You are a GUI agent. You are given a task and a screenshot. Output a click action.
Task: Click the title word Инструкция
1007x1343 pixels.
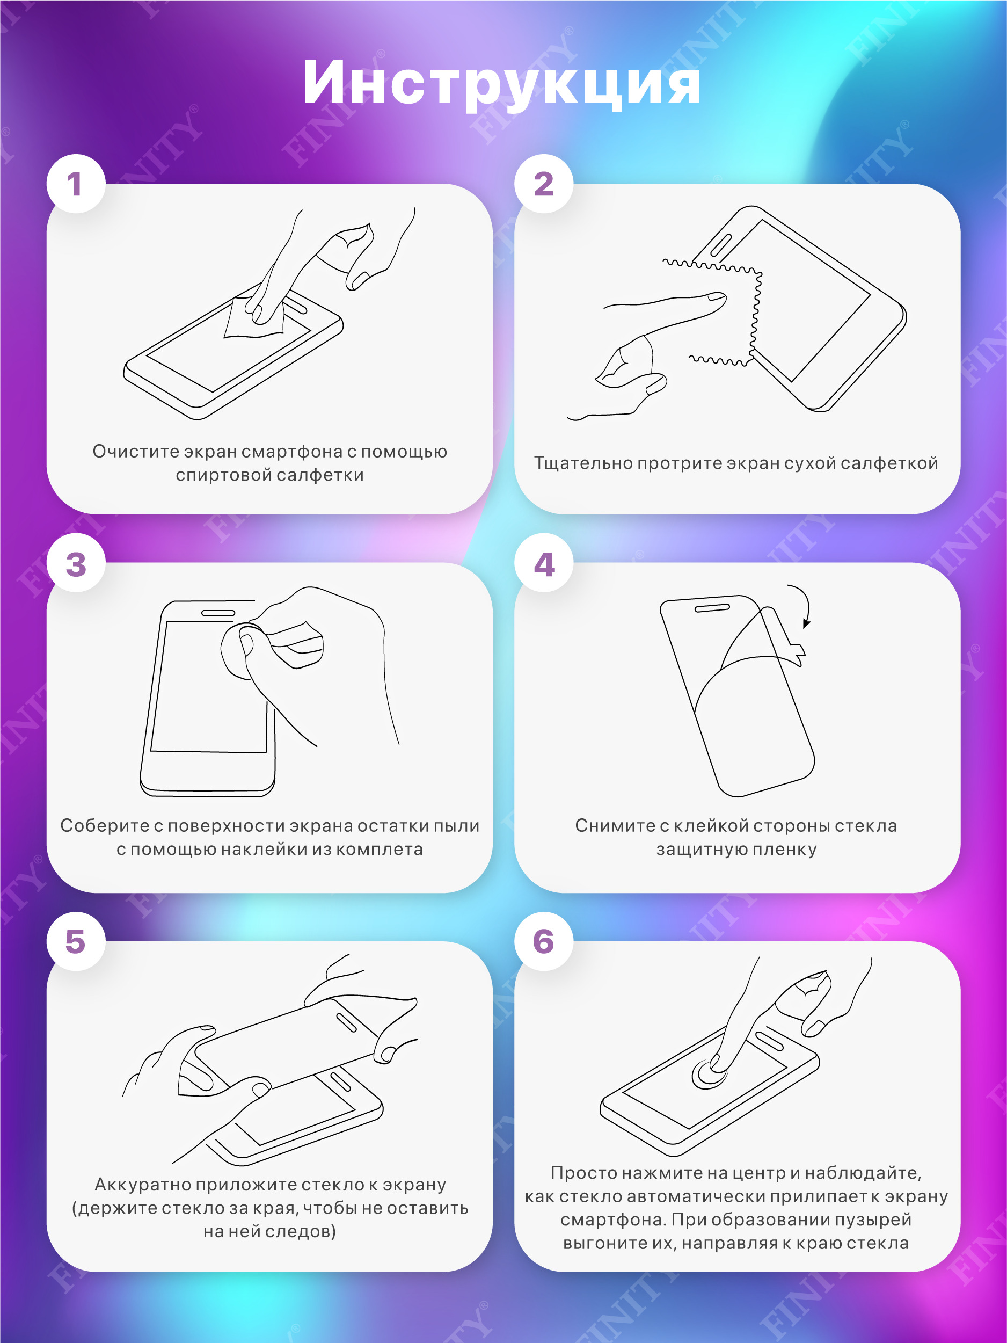[501, 83]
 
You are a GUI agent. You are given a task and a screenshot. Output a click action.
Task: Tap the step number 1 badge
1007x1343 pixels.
[76, 183]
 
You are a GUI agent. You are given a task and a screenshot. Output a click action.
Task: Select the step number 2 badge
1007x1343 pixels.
[544, 183]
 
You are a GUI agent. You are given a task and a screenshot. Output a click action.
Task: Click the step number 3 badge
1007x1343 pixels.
[76, 563]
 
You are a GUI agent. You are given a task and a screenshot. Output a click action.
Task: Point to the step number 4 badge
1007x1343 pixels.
[544, 563]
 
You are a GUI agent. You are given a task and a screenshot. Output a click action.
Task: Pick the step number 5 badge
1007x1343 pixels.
[76, 942]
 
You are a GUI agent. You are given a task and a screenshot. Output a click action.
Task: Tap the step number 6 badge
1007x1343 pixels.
[544, 942]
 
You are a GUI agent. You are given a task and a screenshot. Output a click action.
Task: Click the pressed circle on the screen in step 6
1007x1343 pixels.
[709, 1073]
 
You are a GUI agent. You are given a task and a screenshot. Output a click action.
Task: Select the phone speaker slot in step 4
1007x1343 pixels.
[711, 608]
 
